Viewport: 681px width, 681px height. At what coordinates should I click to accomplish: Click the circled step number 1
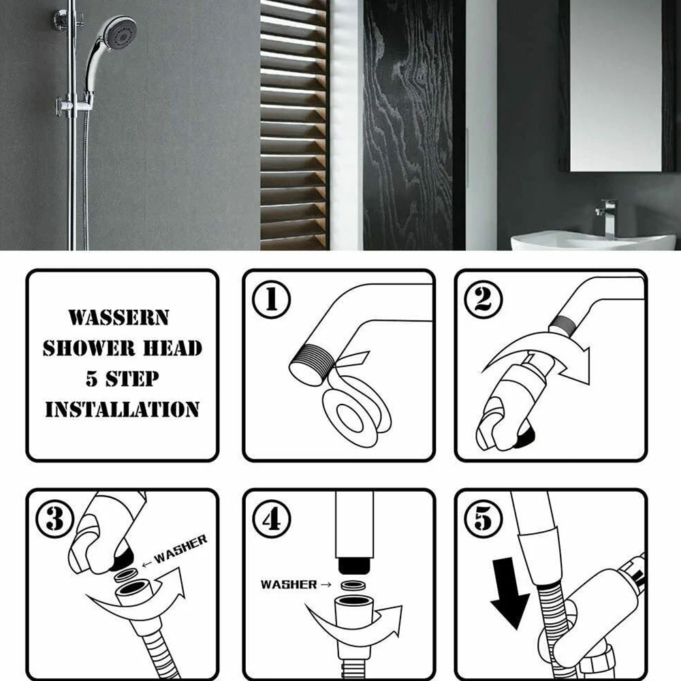tap(272, 299)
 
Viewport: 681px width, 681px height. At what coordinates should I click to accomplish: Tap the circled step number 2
tap(484, 299)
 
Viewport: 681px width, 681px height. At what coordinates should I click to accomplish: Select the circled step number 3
tap(55, 519)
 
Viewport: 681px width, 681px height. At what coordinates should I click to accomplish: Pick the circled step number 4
tap(272, 519)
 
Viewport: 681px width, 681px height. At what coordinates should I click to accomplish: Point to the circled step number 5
tap(484, 519)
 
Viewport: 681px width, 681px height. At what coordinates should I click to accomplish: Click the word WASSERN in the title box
tap(118, 317)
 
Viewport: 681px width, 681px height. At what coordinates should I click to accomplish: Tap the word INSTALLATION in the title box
tap(122, 409)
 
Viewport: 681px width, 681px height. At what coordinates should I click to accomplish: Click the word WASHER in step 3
tap(180, 549)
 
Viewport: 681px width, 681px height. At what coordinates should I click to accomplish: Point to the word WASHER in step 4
tap(289, 584)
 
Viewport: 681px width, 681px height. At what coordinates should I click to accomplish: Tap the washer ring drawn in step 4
tap(353, 586)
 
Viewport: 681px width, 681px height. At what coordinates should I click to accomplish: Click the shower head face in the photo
tap(122, 32)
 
